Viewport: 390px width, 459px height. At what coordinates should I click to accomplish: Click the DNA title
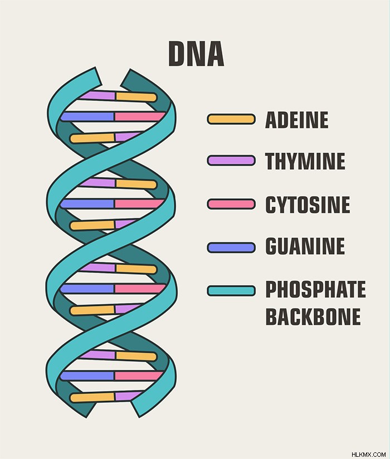196,54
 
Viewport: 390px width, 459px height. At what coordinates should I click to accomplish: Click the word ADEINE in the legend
296,120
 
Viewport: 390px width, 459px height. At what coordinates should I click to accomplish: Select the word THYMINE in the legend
305,161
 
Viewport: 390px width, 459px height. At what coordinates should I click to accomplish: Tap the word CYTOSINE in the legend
308,204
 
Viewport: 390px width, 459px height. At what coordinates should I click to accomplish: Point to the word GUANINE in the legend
305,246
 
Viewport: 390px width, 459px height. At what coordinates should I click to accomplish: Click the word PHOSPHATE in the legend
316,289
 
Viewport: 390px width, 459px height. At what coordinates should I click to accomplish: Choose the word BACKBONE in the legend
313,316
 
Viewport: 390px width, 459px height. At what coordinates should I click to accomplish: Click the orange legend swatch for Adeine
231,119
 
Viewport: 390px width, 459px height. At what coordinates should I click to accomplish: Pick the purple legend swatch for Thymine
231,160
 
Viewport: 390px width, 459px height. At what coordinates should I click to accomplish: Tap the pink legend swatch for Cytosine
231,204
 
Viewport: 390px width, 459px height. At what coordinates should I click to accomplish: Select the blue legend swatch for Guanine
231,248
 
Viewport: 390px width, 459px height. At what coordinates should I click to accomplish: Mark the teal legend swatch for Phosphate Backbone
231,291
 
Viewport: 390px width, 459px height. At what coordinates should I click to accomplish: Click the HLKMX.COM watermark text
368,455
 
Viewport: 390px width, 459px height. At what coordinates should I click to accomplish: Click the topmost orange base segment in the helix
136,97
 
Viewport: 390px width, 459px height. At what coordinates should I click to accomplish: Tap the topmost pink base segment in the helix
139,116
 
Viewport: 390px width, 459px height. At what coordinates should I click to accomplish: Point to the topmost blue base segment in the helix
87,116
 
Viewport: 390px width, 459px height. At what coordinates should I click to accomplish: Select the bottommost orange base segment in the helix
92,397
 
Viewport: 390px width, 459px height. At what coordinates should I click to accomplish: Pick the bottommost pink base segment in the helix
138,376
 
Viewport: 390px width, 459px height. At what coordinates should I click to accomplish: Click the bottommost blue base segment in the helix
87,376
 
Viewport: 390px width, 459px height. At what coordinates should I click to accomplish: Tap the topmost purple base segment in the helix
98,95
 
